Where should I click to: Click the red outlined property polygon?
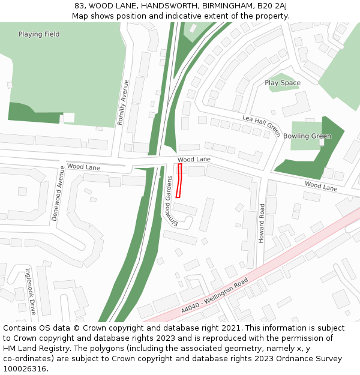[x=179, y=181]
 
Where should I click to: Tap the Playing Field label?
[x=39, y=34]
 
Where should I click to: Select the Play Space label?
[x=283, y=83]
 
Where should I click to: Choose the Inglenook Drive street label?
[x=31, y=291]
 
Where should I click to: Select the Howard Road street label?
[x=261, y=223]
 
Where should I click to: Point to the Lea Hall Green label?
[x=262, y=125]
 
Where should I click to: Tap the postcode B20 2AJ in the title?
[x=273, y=6]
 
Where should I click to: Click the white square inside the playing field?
[x=69, y=118]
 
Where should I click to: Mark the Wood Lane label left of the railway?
[x=83, y=166]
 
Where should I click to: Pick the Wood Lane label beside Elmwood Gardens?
[x=194, y=159]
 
